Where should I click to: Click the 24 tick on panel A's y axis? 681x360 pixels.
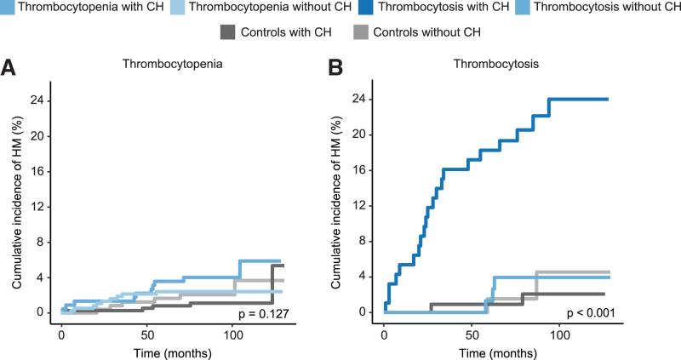39,100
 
